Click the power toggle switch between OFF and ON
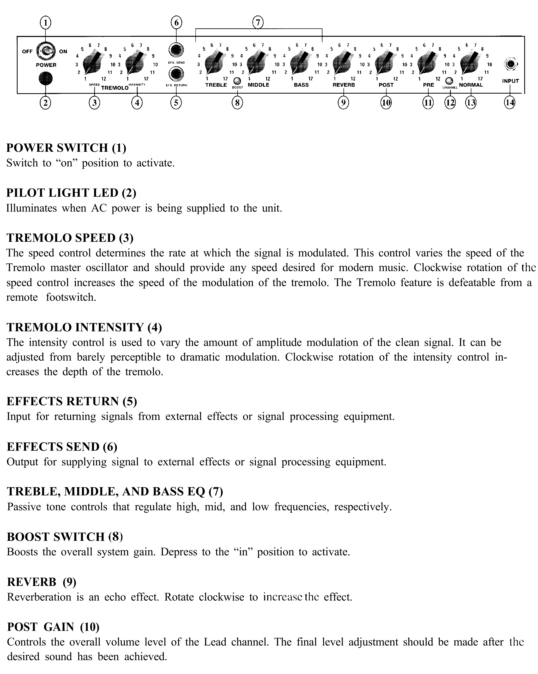pos(46,51)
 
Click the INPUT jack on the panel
pos(510,64)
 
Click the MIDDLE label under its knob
pos(258,85)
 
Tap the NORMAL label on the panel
pos(471,85)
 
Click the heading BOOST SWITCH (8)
pos(65,537)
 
